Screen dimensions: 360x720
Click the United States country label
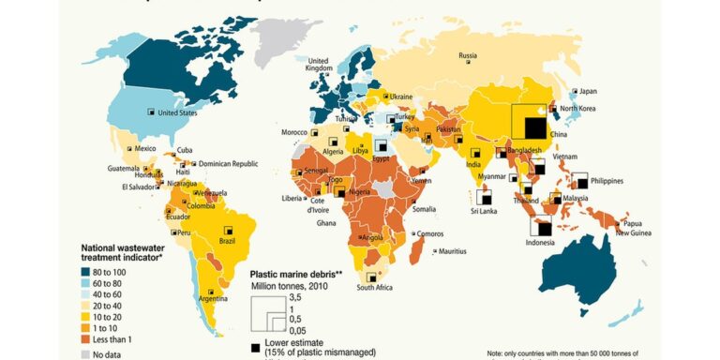click(x=177, y=113)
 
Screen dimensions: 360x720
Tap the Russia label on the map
click(x=468, y=55)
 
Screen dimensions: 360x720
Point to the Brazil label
click(x=227, y=241)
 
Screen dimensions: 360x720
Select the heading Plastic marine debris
click(x=296, y=275)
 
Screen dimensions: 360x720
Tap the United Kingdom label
click(x=320, y=63)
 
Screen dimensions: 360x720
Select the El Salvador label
click(x=137, y=187)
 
